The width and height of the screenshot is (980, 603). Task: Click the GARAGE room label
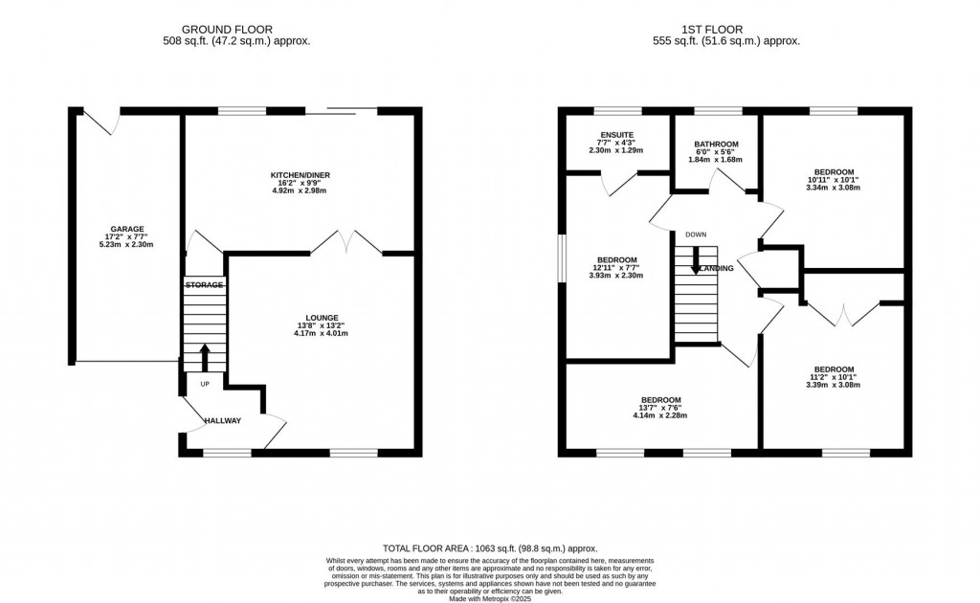[126, 229]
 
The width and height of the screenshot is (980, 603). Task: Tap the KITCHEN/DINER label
[300, 175]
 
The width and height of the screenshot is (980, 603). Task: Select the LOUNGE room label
[323, 318]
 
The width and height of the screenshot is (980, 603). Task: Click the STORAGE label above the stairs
[204, 285]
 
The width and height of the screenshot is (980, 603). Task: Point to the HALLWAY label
[221, 420]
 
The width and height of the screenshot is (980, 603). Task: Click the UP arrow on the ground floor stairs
[204, 358]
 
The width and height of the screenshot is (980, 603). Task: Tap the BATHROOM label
[716, 145]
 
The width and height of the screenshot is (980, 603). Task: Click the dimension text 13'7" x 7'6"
[660, 408]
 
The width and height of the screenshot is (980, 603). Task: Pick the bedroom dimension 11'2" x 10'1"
[834, 377]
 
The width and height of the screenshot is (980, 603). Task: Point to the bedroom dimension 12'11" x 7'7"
[617, 268]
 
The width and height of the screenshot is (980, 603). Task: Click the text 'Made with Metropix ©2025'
[490, 598]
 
